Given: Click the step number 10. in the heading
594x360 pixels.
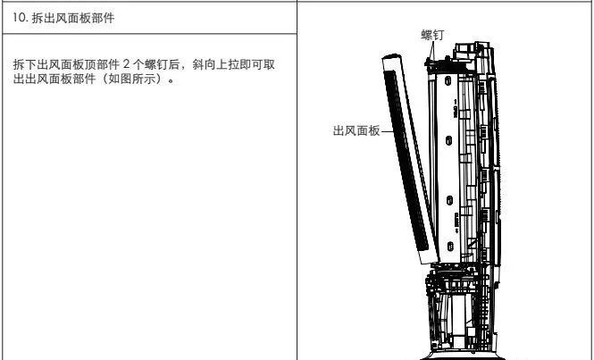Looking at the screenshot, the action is click(20, 18).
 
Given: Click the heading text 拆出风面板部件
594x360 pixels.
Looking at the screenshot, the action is click(72, 18).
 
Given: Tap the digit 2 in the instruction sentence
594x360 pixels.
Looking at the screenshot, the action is click(127, 64).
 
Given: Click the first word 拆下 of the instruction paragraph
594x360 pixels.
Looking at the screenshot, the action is click(25, 64).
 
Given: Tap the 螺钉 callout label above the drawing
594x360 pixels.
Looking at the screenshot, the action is click(432, 35).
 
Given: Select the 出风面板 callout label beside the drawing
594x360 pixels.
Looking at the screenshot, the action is click(356, 130).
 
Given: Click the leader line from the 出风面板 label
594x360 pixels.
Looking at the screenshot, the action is click(388, 131).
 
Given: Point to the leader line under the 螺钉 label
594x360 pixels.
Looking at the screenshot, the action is click(431, 50).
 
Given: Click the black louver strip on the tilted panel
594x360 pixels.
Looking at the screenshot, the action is click(406, 161).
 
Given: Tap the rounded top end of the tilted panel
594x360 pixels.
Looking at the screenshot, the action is click(392, 57).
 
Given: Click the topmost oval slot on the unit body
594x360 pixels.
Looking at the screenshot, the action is click(448, 80).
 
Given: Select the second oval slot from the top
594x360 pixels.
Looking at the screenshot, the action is click(448, 140).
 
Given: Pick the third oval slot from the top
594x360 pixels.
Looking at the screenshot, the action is click(449, 201).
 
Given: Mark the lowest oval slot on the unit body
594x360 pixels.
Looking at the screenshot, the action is click(449, 247).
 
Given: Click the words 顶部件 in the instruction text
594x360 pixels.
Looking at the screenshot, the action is click(102, 64).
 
